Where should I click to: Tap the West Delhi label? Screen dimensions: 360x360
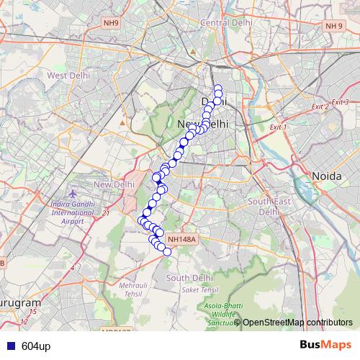[67, 75]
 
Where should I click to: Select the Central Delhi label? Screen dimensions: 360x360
[226, 22]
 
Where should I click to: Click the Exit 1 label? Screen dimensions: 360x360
[277, 127]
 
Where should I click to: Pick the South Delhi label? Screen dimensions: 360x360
[189, 277]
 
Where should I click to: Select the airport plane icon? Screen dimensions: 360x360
[73, 194]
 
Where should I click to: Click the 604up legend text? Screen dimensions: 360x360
[36, 346]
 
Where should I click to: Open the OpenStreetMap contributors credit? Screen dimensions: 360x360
[297, 322]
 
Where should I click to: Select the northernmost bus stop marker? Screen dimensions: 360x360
[217, 89]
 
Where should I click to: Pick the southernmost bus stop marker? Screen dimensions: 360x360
[167, 251]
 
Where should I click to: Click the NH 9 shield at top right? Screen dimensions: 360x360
[333, 26]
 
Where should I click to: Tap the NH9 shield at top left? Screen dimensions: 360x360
[112, 23]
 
